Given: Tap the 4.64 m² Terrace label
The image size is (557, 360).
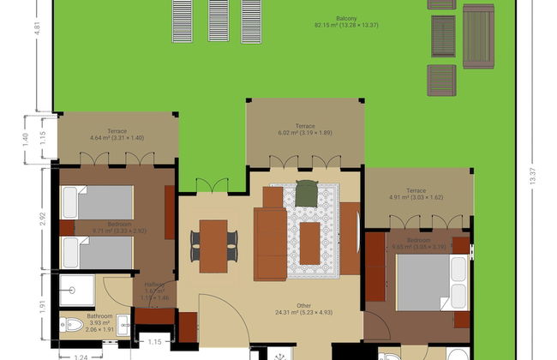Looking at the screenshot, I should point(117,135).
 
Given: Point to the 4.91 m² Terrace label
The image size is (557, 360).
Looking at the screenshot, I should point(416,194).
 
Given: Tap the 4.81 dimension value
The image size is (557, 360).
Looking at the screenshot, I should point(37,26).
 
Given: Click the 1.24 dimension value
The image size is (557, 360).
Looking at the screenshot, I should point(81,355).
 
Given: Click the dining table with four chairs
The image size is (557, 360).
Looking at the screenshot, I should point(213,245).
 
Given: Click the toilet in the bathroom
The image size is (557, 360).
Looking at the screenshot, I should point(73,326).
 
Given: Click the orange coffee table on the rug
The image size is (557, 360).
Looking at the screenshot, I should point(309,243).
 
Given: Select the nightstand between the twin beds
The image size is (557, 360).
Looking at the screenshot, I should point(69,228).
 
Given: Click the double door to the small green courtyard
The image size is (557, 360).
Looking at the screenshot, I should point(213,186).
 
